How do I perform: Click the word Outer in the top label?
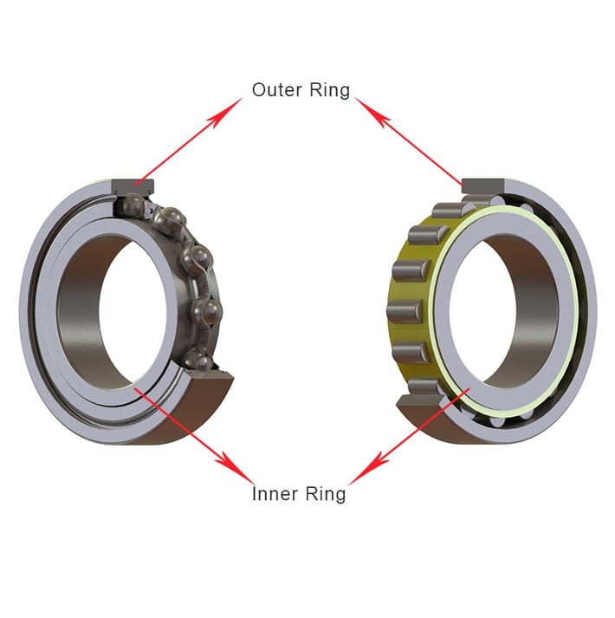(276, 90)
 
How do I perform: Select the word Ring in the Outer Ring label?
(330, 90)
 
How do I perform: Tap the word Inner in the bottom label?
(275, 494)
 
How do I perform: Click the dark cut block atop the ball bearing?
(133, 184)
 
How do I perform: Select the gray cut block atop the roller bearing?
(487, 185)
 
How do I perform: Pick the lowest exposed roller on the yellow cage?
(422, 386)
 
